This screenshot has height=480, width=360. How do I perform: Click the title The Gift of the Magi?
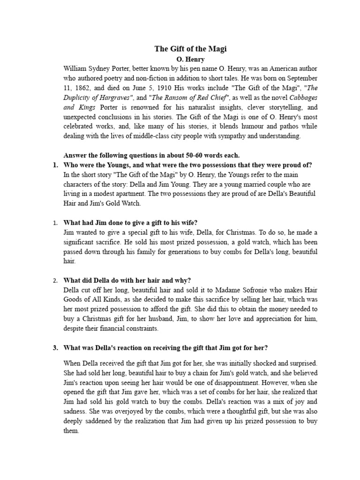coord(191,49)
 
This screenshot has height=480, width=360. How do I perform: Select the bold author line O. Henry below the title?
coord(191,60)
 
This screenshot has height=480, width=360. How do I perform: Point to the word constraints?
coord(140,329)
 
